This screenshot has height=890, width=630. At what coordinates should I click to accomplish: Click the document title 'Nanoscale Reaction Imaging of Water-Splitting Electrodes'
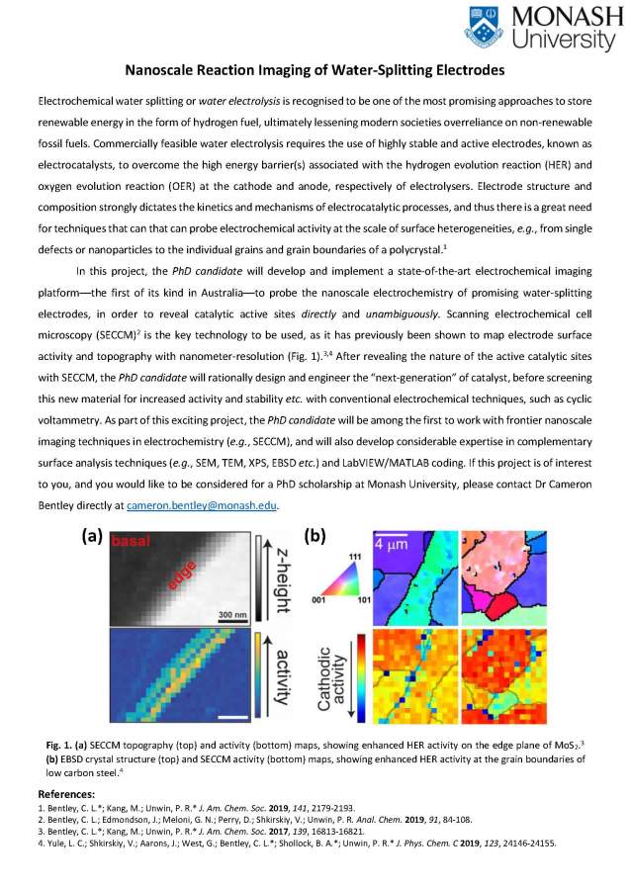pos(315,70)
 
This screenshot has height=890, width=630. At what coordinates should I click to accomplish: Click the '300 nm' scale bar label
pos(231,614)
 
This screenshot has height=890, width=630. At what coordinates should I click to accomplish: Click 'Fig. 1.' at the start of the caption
pos(60,742)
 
